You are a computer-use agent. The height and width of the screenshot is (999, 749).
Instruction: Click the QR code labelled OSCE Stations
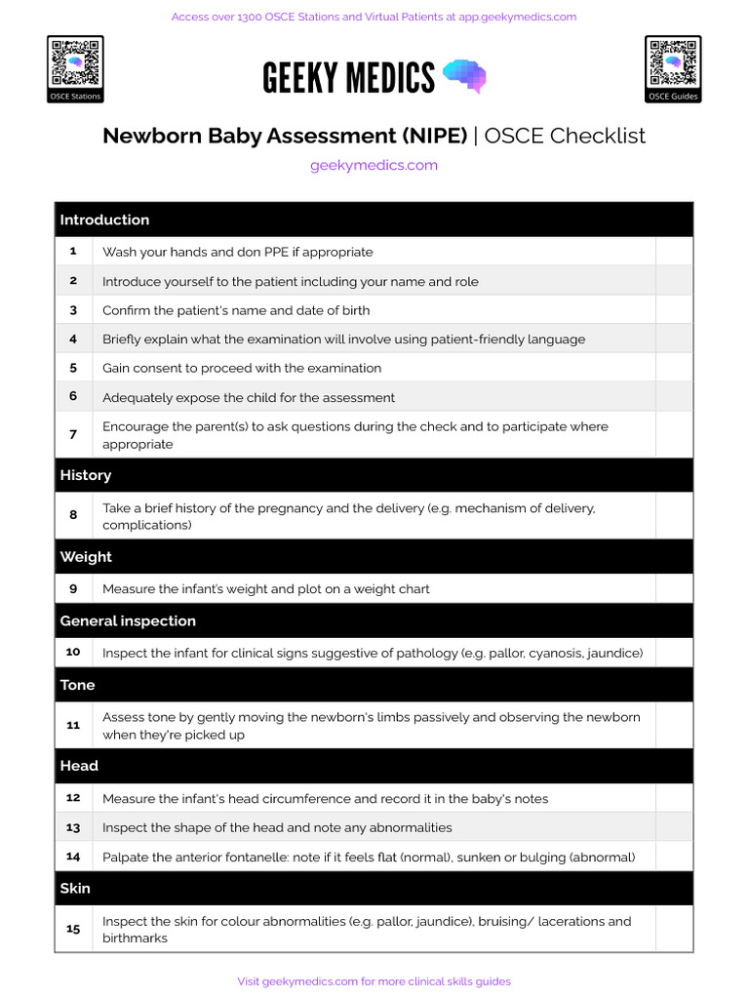[x=75, y=62]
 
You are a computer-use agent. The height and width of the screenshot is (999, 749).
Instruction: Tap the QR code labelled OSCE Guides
[x=673, y=62]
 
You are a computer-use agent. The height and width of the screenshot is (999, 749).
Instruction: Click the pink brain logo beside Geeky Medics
[x=464, y=75]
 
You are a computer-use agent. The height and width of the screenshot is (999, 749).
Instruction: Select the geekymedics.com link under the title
[x=374, y=165]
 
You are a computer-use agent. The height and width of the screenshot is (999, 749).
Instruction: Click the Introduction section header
[x=104, y=220]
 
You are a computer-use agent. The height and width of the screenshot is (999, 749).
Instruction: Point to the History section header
[x=86, y=475]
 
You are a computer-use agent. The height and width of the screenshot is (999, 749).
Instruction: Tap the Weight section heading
[x=86, y=557]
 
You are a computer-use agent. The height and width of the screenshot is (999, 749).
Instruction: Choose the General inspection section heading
[x=128, y=620]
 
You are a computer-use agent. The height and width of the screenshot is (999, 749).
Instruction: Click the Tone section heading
[x=77, y=685]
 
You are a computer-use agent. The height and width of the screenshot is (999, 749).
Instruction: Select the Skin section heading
[x=75, y=888]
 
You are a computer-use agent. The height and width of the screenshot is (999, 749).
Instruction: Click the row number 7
[x=73, y=434]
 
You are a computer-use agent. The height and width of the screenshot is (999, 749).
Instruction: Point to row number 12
[x=73, y=798]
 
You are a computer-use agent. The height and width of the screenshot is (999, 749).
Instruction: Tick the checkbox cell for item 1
[x=674, y=252]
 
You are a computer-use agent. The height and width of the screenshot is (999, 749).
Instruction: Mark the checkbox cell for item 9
[x=674, y=588]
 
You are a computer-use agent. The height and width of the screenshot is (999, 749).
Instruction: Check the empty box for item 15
[x=674, y=929]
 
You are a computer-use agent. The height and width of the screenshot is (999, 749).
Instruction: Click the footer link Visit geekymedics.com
[x=374, y=981]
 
